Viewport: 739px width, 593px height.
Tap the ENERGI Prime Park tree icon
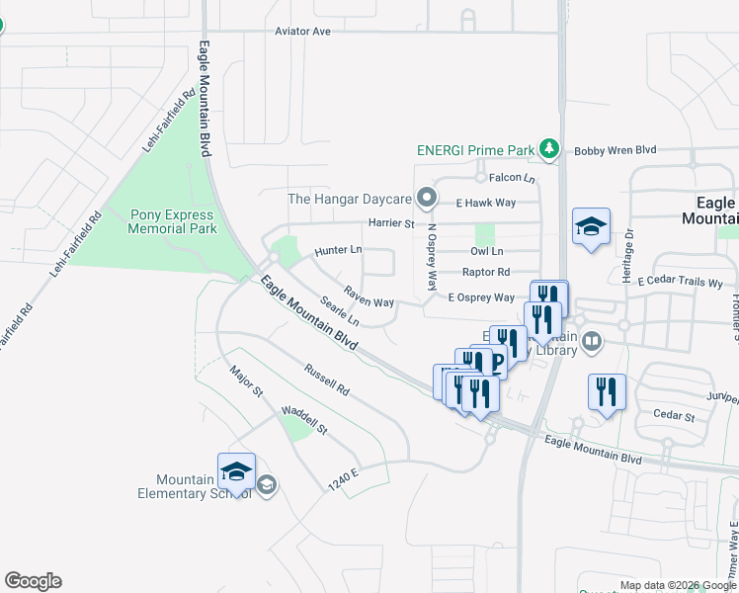click(549, 150)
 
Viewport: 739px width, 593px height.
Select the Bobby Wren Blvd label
click(616, 150)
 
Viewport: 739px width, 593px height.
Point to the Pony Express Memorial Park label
click(173, 221)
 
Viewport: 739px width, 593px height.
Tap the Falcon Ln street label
click(512, 179)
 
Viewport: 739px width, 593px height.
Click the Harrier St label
click(391, 224)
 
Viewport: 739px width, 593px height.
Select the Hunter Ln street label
click(338, 251)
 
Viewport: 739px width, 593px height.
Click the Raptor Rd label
click(486, 272)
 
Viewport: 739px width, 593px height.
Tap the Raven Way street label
click(369, 296)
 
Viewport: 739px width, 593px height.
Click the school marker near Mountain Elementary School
click(237, 471)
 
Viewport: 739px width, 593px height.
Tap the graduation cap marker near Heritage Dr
click(591, 226)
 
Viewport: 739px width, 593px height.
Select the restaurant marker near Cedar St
click(607, 390)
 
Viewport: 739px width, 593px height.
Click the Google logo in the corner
click(33, 581)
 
